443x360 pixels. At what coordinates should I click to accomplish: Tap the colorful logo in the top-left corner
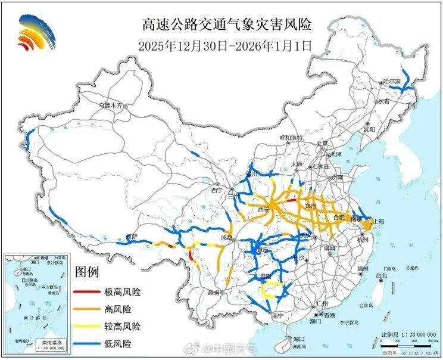pyautogui.click(x=38, y=32)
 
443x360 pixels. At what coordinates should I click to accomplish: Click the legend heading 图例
pyautogui.click(x=87, y=272)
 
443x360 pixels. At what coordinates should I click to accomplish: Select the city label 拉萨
pyautogui.click(x=131, y=237)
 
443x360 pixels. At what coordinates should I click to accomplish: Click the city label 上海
pyautogui.click(x=378, y=221)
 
